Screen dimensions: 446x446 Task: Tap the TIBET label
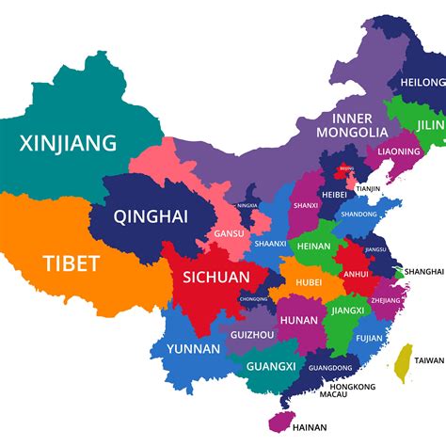pos(70,264)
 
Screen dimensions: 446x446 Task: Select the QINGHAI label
pos(151,216)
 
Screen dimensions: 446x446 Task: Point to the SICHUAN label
pos(215,277)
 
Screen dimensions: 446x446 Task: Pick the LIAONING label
pos(398,151)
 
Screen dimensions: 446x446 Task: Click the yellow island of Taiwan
pos(405,362)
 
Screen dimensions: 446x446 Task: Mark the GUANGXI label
pos(270,366)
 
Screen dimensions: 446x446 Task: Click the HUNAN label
pos(299,320)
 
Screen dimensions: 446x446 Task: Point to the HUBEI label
pos(308,281)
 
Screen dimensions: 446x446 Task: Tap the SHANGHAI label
pos(423,271)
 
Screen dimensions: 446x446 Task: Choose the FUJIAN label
pos(369,338)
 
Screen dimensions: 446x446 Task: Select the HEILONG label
pos(422,83)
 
